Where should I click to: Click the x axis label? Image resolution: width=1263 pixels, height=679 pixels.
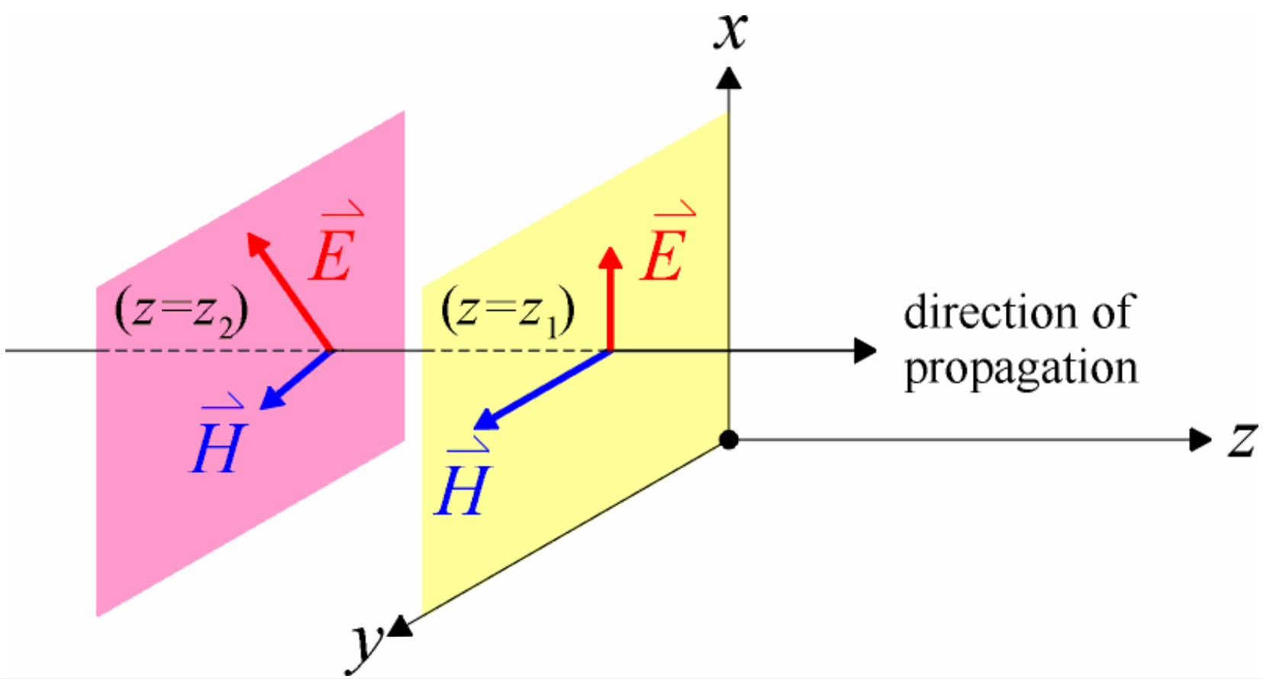[x=730, y=31]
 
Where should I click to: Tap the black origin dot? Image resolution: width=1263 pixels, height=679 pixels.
[x=729, y=439]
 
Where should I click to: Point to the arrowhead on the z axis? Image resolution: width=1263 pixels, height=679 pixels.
[x=1200, y=439]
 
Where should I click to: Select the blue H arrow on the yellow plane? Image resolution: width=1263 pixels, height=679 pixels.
[x=541, y=390]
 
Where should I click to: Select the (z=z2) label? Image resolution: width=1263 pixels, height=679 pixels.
[x=182, y=312]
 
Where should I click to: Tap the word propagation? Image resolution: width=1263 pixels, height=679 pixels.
[x=1020, y=369]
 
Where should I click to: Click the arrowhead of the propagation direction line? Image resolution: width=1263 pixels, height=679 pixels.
[x=865, y=351]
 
